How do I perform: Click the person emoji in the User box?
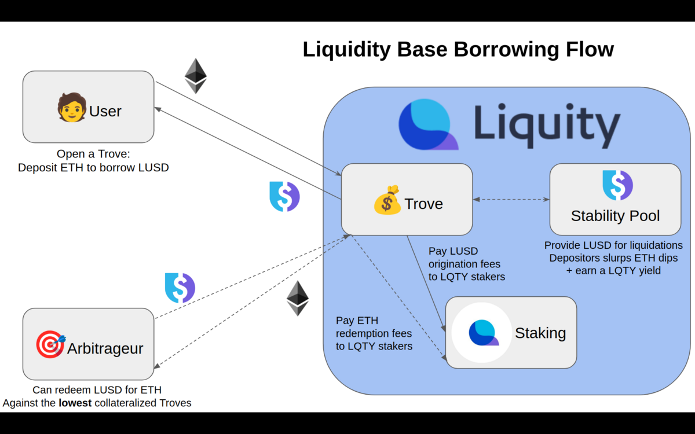(72, 108)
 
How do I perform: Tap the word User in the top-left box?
(105, 111)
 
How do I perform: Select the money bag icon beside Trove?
(387, 200)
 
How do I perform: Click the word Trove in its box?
(423, 204)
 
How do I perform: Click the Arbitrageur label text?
(105, 348)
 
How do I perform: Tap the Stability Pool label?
(615, 216)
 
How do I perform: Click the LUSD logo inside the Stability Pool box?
(617, 185)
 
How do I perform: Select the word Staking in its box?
(540, 333)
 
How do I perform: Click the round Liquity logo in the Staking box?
(482, 332)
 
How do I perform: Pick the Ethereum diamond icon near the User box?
(196, 75)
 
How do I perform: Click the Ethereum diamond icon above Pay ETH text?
(298, 298)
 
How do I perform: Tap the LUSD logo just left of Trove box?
(284, 196)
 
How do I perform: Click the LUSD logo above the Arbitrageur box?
(180, 288)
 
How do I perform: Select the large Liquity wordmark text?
(547, 125)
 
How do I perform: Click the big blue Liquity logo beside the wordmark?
(428, 124)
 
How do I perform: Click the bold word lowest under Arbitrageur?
(75, 402)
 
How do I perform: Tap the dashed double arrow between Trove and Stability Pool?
(511, 200)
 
